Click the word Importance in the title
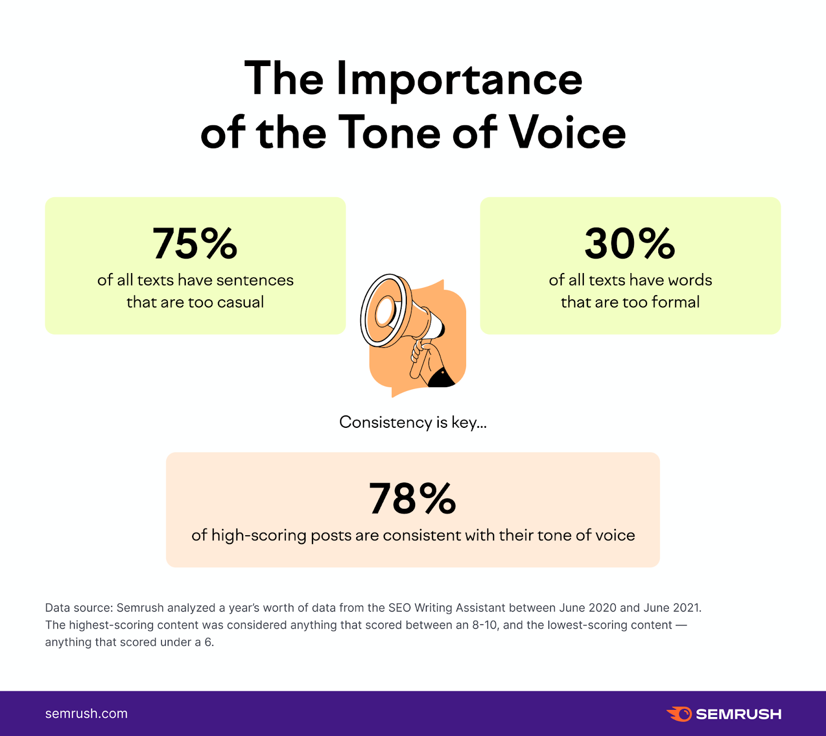[x=459, y=80]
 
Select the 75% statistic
[x=195, y=244]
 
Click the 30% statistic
[x=630, y=244]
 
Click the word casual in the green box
[x=241, y=302]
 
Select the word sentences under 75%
[x=255, y=280]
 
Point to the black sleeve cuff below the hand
[x=440, y=378]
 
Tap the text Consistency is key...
[x=412, y=422]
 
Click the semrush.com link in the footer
[x=86, y=714]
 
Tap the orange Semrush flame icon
[x=679, y=714]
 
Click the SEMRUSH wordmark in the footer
[x=738, y=714]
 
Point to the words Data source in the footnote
[x=78, y=607]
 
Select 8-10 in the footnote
[x=485, y=625]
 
